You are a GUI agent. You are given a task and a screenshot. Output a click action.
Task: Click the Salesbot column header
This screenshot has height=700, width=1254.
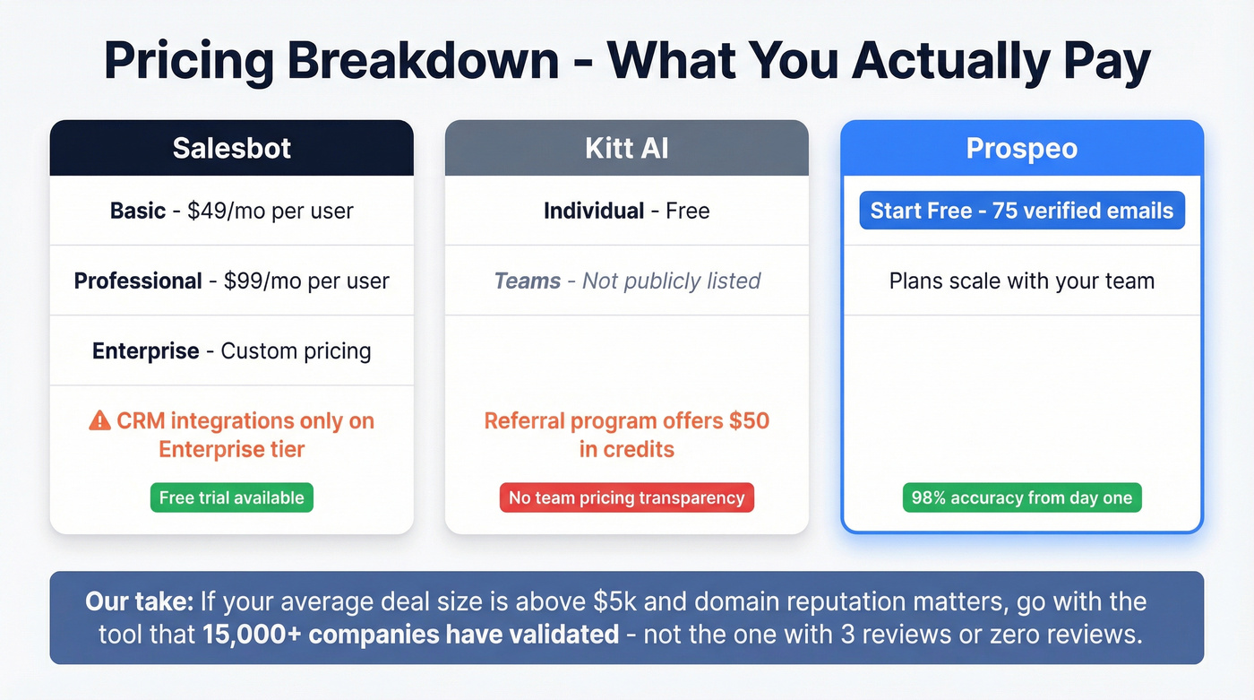point(231,148)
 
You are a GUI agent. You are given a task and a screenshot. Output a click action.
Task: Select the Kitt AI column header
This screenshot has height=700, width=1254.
point(626,148)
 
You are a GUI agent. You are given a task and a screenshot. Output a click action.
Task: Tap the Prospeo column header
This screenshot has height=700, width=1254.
point(1021,148)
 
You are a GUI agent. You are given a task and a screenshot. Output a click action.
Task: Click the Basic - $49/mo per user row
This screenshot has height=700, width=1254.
point(231,211)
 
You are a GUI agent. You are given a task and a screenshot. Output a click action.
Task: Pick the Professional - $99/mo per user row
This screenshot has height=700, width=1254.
point(231,281)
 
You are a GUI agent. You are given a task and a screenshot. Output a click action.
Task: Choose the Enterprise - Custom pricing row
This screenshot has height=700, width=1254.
point(231,350)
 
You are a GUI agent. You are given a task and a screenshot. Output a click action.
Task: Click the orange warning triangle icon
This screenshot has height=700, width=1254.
point(99,420)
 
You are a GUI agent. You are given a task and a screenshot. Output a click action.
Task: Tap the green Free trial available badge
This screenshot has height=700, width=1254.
point(231,497)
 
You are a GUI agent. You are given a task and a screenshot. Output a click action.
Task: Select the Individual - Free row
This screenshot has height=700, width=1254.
point(626,211)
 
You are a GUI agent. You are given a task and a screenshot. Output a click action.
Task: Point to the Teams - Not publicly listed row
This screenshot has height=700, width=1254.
point(626,281)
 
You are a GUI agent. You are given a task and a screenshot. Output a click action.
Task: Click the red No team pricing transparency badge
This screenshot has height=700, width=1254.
point(626,497)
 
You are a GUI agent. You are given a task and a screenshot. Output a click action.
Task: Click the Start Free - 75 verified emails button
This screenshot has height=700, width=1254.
point(1021,211)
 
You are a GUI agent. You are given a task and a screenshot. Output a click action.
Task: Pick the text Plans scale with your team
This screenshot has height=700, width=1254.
point(1021,281)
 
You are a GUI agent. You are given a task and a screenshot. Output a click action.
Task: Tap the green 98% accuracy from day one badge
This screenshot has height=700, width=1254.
point(1021,497)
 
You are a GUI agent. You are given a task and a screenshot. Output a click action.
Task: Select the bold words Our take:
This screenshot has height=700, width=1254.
point(139,601)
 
